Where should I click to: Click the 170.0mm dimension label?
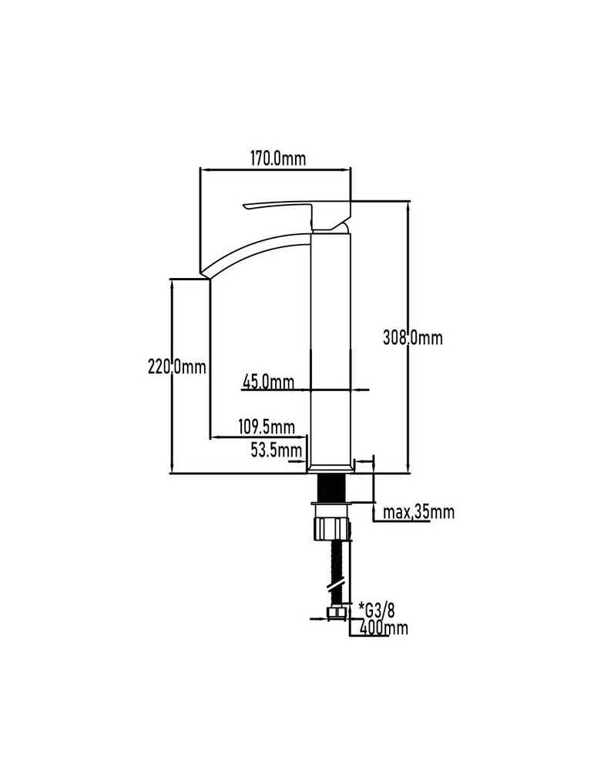tap(277, 159)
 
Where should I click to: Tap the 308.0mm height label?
tap(413, 338)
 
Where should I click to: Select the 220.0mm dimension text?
tap(177, 367)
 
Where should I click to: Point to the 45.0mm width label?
tap(268, 382)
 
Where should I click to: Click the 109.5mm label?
tap(267, 427)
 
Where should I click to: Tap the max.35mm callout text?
tap(418, 512)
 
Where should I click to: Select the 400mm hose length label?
tap(384, 627)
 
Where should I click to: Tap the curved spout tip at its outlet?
tap(206, 274)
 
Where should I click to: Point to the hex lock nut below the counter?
tap(332, 527)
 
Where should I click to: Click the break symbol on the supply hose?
tap(337, 587)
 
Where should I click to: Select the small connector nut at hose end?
tap(335, 612)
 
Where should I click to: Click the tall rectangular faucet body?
tap(331, 348)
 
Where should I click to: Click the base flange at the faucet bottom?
tap(331, 468)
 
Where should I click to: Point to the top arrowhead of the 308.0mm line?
tap(408, 206)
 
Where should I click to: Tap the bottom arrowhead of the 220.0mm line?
tap(172, 468)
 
